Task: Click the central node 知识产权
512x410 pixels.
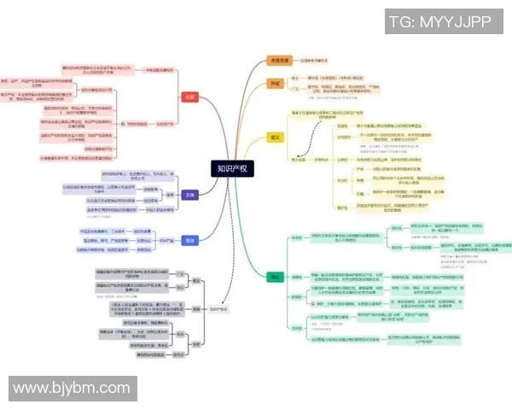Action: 231,169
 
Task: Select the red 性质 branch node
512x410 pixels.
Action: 189,97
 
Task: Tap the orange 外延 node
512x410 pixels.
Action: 275,84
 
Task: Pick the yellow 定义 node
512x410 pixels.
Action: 275,136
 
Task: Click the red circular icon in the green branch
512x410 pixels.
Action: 308,303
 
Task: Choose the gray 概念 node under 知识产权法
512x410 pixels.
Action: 195,279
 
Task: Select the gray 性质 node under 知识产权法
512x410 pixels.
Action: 195,345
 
